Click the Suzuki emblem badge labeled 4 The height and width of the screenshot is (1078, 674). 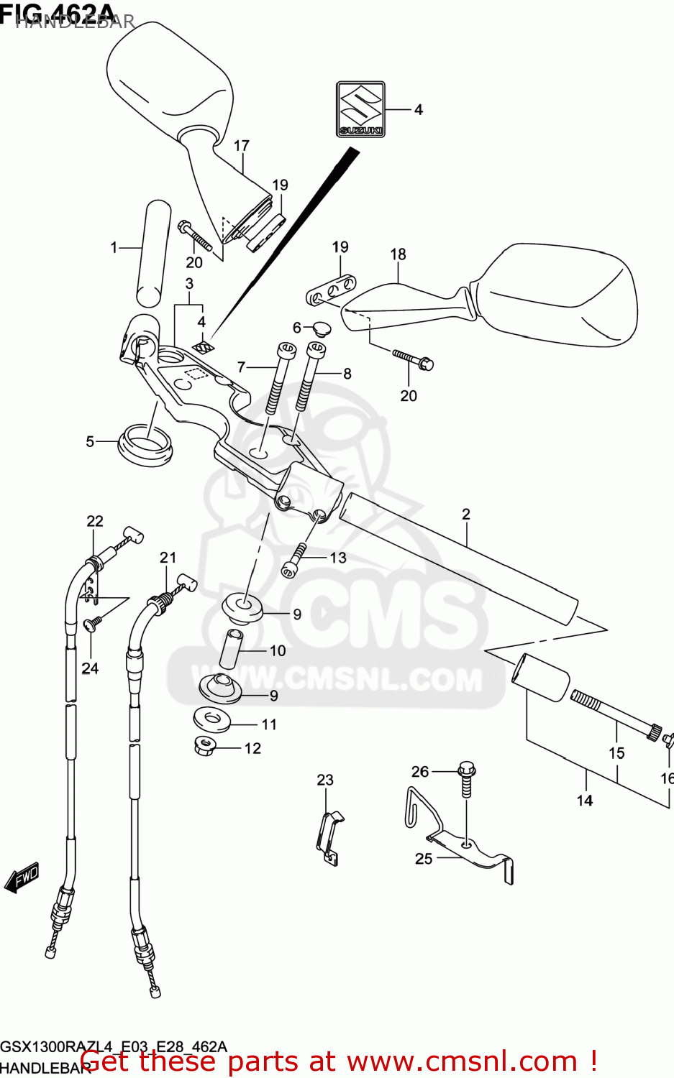[x=361, y=109]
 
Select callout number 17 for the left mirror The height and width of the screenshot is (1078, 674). [x=241, y=146]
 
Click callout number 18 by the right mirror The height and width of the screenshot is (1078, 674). [x=398, y=254]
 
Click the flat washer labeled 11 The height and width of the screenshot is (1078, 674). [x=211, y=719]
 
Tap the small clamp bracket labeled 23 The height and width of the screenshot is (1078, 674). [x=329, y=837]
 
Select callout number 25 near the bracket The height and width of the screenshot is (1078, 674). [x=424, y=859]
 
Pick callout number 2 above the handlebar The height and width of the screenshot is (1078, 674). [x=466, y=514]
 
